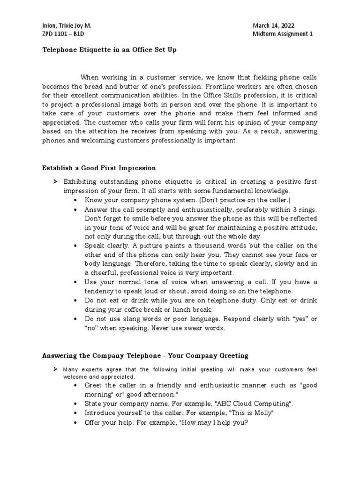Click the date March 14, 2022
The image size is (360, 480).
point(273,26)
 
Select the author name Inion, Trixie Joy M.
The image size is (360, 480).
point(63,26)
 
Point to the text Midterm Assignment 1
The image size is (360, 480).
point(282,34)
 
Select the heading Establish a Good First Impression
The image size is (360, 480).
point(99,167)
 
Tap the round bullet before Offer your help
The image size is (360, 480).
point(76,422)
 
